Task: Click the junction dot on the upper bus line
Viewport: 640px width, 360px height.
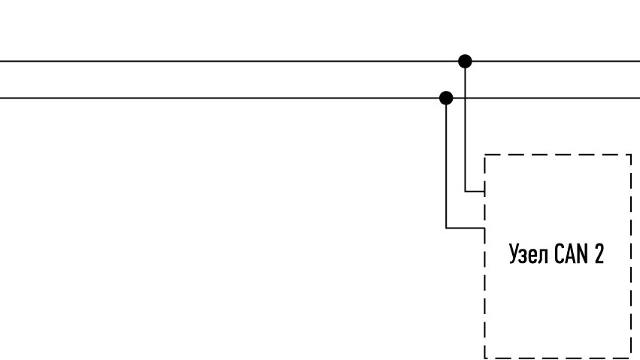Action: (x=465, y=61)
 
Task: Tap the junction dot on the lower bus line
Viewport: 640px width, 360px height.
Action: (x=446, y=98)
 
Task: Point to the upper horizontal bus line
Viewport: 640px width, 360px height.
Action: (x=320, y=61)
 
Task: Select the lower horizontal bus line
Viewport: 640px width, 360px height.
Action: (x=320, y=98)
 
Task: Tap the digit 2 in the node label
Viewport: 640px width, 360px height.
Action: (x=599, y=253)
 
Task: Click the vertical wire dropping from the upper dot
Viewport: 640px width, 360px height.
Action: (x=465, y=126)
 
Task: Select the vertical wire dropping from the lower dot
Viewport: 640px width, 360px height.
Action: (x=446, y=163)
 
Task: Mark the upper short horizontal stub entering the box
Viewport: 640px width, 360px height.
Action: (x=475, y=191)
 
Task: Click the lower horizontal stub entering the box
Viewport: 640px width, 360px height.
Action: (x=466, y=228)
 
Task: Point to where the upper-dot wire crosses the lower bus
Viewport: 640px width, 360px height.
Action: (x=465, y=98)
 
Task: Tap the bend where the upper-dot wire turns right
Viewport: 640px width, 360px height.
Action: (x=465, y=191)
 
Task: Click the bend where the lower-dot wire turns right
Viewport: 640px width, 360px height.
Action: (x=446, y=228)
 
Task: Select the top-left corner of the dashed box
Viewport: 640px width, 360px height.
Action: (x=484, y=155)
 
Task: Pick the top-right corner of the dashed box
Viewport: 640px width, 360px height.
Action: (x=632, y=155)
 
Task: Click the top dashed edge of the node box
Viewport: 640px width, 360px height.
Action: (x=558, y=155)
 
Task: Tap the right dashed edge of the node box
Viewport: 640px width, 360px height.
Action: (x=632, y=256)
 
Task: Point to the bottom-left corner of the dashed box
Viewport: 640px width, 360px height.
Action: (x=484, y=358)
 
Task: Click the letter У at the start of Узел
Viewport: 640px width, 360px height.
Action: (x=514, y=254)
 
